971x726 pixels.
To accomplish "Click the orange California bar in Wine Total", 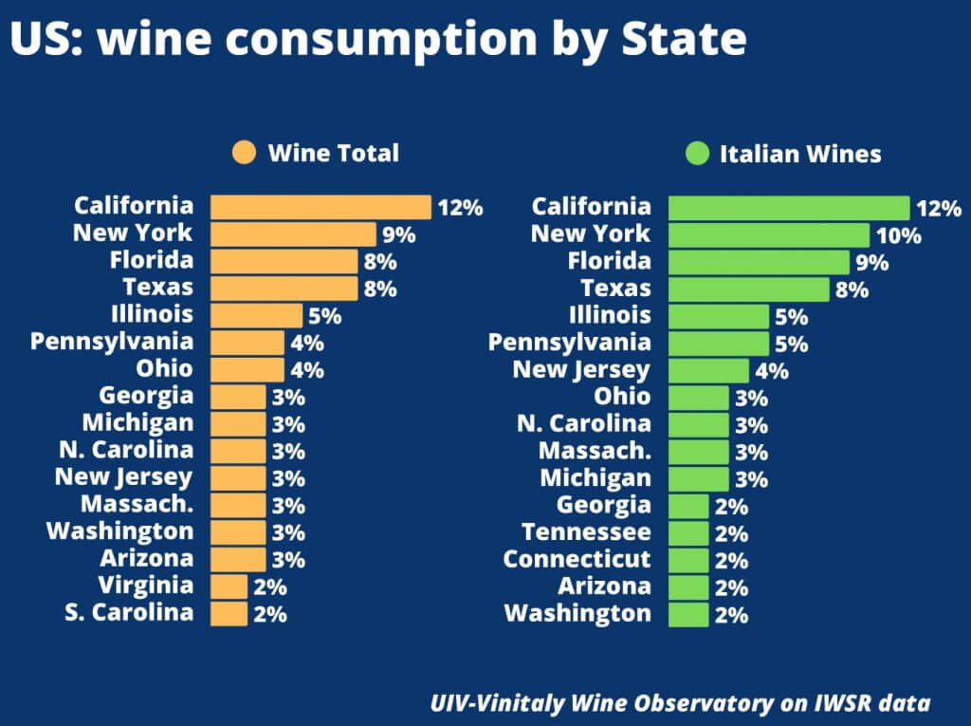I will point(321,207).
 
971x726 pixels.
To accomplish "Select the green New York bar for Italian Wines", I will point(768,234).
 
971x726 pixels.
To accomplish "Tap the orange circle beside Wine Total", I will point(244,153).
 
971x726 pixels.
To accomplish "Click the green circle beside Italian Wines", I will point(696,154).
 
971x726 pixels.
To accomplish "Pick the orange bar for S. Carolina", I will point(229,613).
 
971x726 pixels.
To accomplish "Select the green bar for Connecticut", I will point(687,560).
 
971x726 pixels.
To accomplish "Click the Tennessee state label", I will point(586,531).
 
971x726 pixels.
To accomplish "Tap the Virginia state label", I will point(145,585).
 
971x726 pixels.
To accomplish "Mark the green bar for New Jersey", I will point(708,370).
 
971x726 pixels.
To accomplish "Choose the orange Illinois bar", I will point(256,315).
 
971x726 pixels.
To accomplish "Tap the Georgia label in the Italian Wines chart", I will point(603,505).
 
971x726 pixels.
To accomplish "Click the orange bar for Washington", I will point(238,531).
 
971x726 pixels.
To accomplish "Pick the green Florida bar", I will point(759,262).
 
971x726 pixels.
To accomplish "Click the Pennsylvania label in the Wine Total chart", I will point(112,341).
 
